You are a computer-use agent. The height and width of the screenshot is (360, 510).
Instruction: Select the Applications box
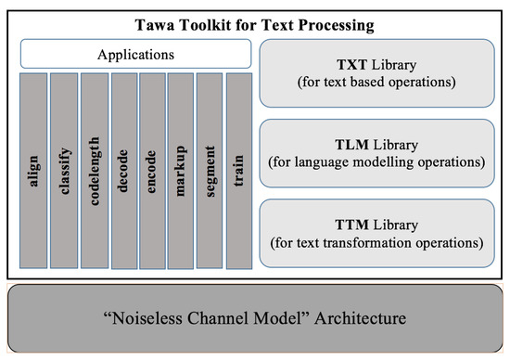(135, 54)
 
